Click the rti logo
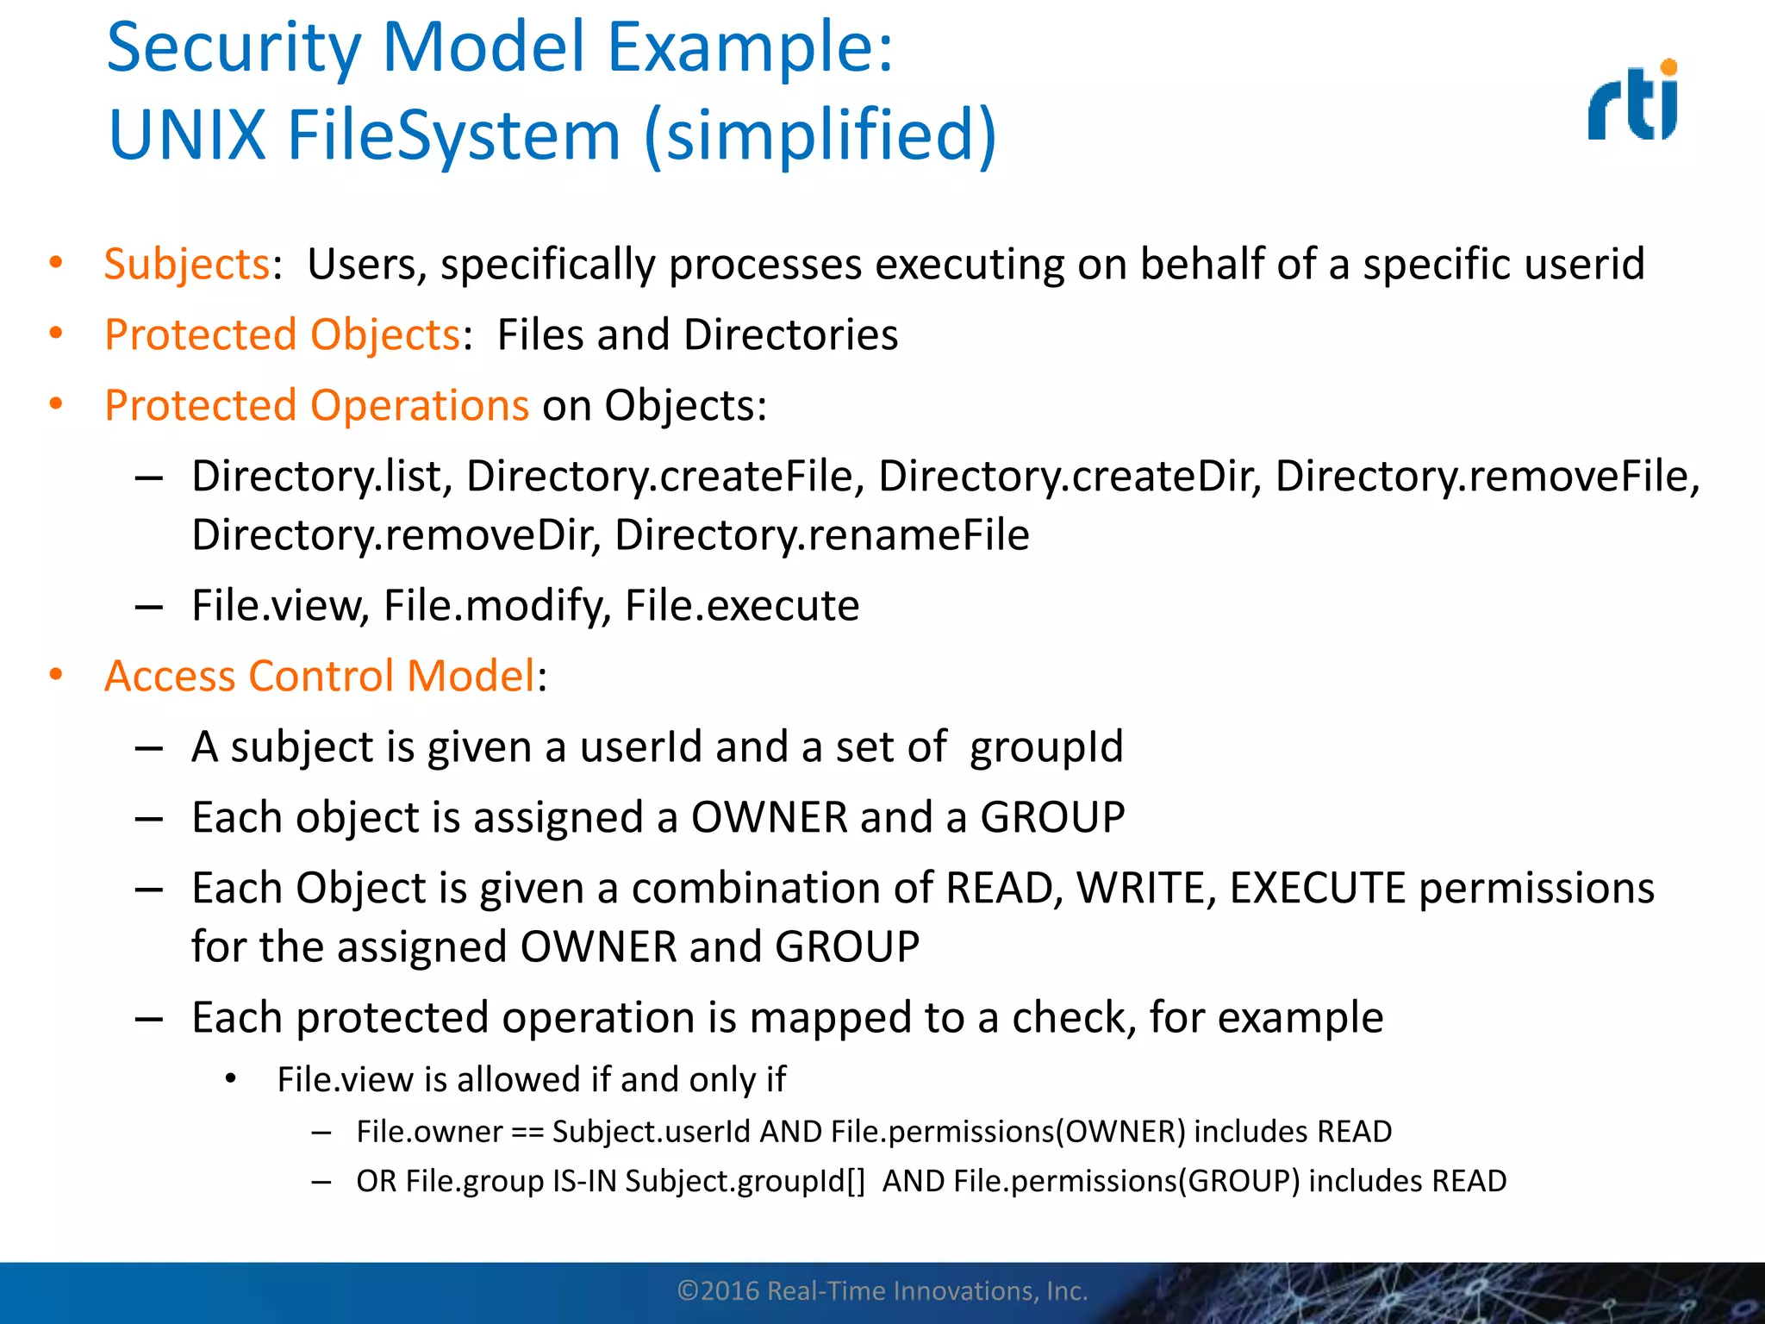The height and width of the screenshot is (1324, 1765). [1634, 102]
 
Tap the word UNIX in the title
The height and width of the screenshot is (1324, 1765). [187, 135]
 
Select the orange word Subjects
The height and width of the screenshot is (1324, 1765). [187, 264]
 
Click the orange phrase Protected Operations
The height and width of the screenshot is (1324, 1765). [316, 405]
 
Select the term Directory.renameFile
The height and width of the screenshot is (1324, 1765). [821, 534]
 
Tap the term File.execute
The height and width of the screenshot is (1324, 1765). [742, 605]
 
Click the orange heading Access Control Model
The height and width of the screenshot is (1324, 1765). [320, 676]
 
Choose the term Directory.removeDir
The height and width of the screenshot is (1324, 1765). [396, 534]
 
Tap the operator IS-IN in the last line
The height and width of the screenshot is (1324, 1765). [584, 1181]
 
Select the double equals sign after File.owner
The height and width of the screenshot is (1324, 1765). [527, 1132]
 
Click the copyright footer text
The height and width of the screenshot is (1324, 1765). [882, 1291]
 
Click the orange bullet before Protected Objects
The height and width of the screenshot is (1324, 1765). [56, 334]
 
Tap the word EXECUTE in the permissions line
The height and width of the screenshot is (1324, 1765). [1318, 888]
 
